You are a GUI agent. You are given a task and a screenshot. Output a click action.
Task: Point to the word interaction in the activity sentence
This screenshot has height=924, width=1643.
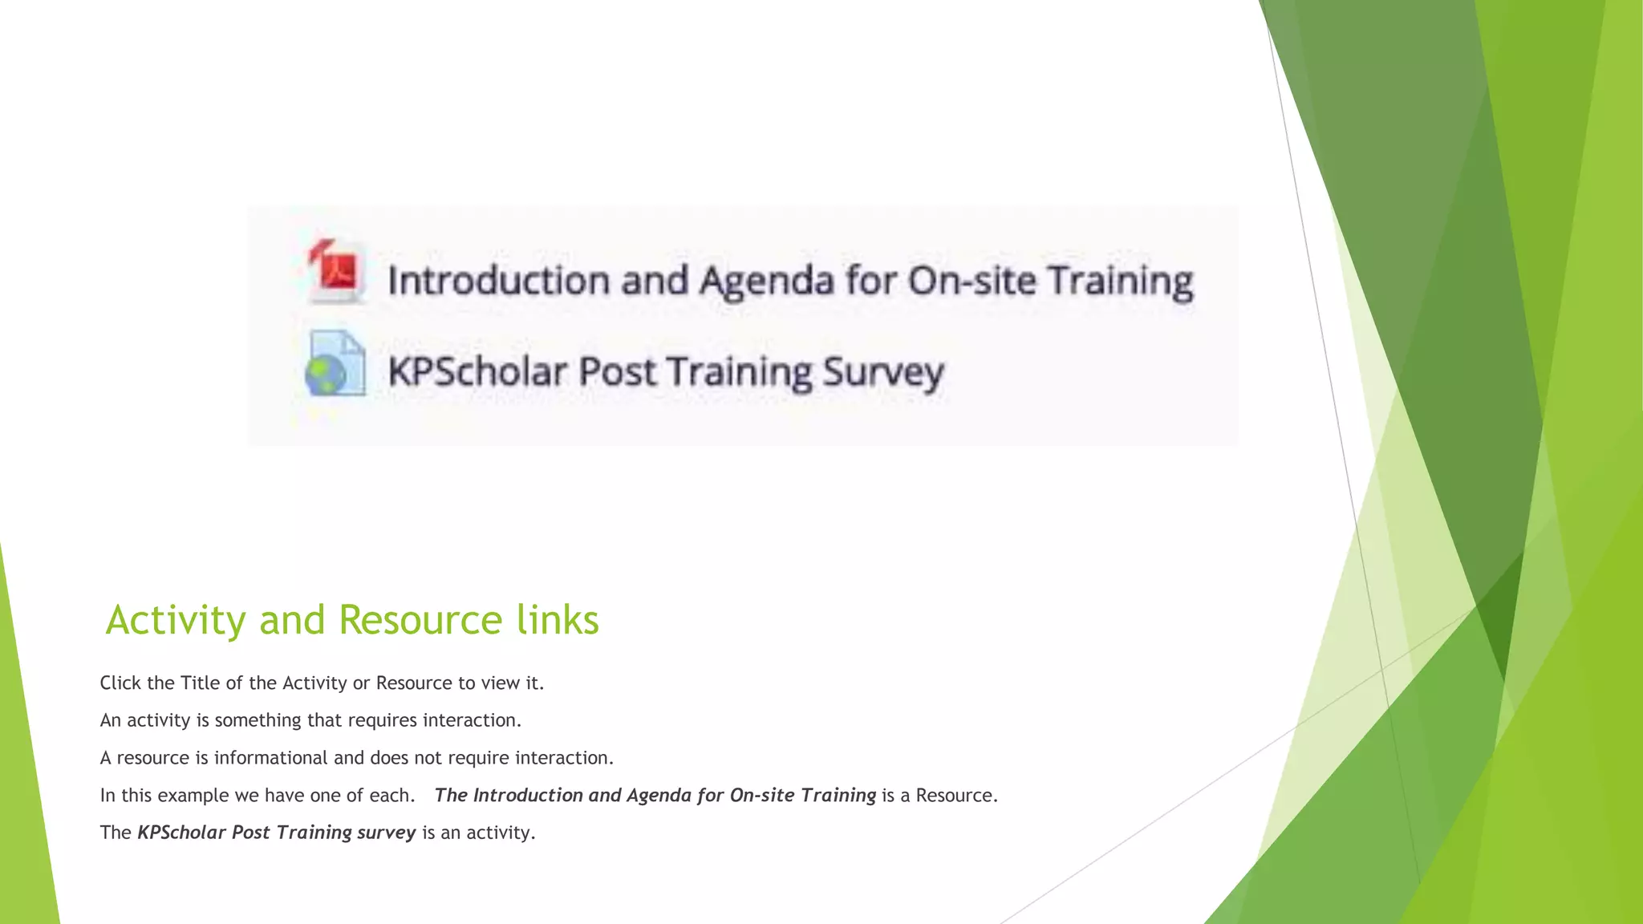click(x=471, y=720)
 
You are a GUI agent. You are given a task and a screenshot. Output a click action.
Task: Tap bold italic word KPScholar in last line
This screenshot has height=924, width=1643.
click(x=182, y=833)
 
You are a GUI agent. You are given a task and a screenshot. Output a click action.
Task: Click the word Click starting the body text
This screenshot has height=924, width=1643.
click(x=120, y=683)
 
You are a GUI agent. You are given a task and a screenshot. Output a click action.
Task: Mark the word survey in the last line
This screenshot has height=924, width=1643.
click(x=386, y=833)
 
